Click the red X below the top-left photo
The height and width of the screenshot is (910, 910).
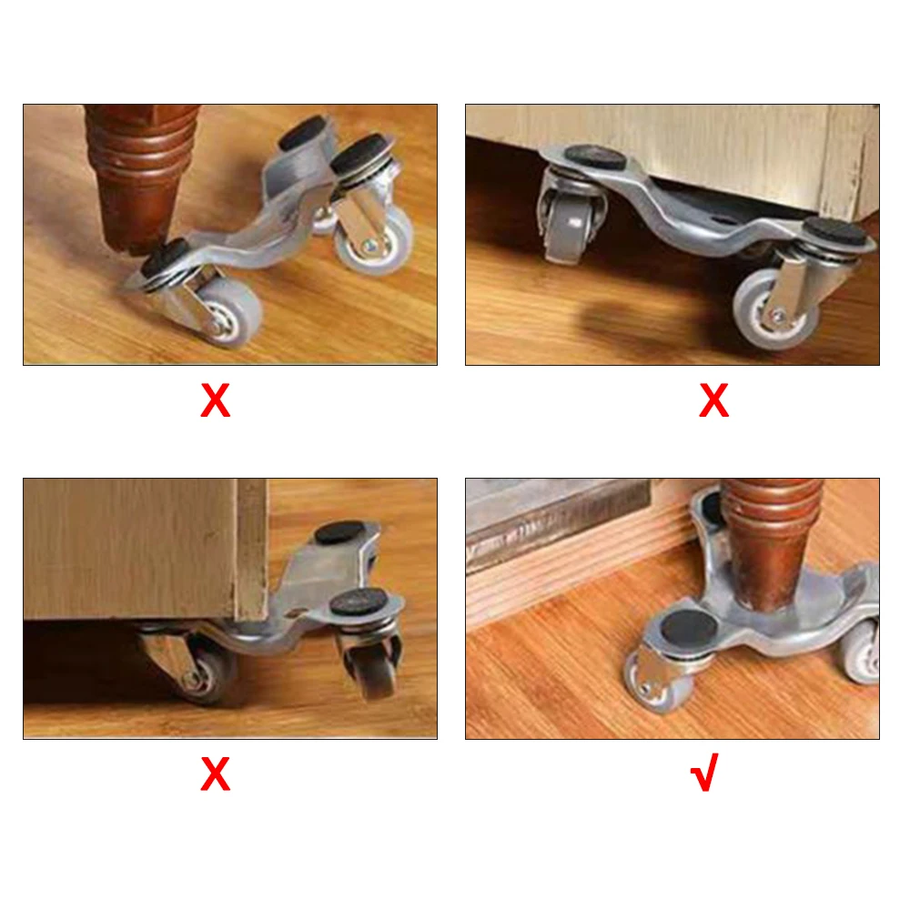[x=216, y=399]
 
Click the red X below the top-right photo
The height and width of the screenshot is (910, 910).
[x=713, y=399]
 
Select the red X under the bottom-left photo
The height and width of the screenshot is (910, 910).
[x=216, y=773]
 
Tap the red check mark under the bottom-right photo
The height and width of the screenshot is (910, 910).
[x=705, y=773]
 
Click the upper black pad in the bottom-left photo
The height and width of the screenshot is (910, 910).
[x=339, y=532]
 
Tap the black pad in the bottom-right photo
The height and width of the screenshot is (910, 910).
[x=689, y=629]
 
